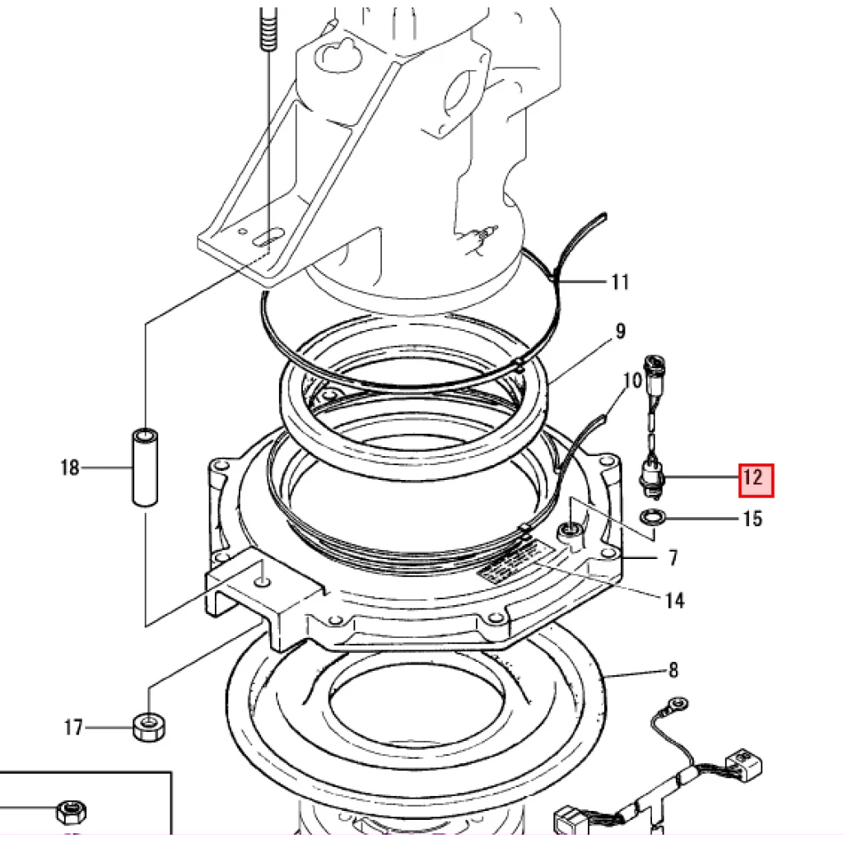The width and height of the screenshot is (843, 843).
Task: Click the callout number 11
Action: pos(620,282)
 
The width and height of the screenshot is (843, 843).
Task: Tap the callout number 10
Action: pos(632,380)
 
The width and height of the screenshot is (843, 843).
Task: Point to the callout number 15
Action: pos(752,519)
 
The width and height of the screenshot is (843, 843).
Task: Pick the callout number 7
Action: pos(673,559)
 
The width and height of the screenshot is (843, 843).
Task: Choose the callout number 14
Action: pos(674,601)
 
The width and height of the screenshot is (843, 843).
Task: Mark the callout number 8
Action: pos(673,671)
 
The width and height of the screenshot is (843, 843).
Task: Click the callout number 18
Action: pos(70,468)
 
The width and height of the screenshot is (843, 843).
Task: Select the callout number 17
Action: pos(73,728)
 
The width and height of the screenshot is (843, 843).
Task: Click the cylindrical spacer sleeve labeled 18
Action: pos(145,468)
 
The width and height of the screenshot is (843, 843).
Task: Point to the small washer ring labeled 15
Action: pos(654,519)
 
